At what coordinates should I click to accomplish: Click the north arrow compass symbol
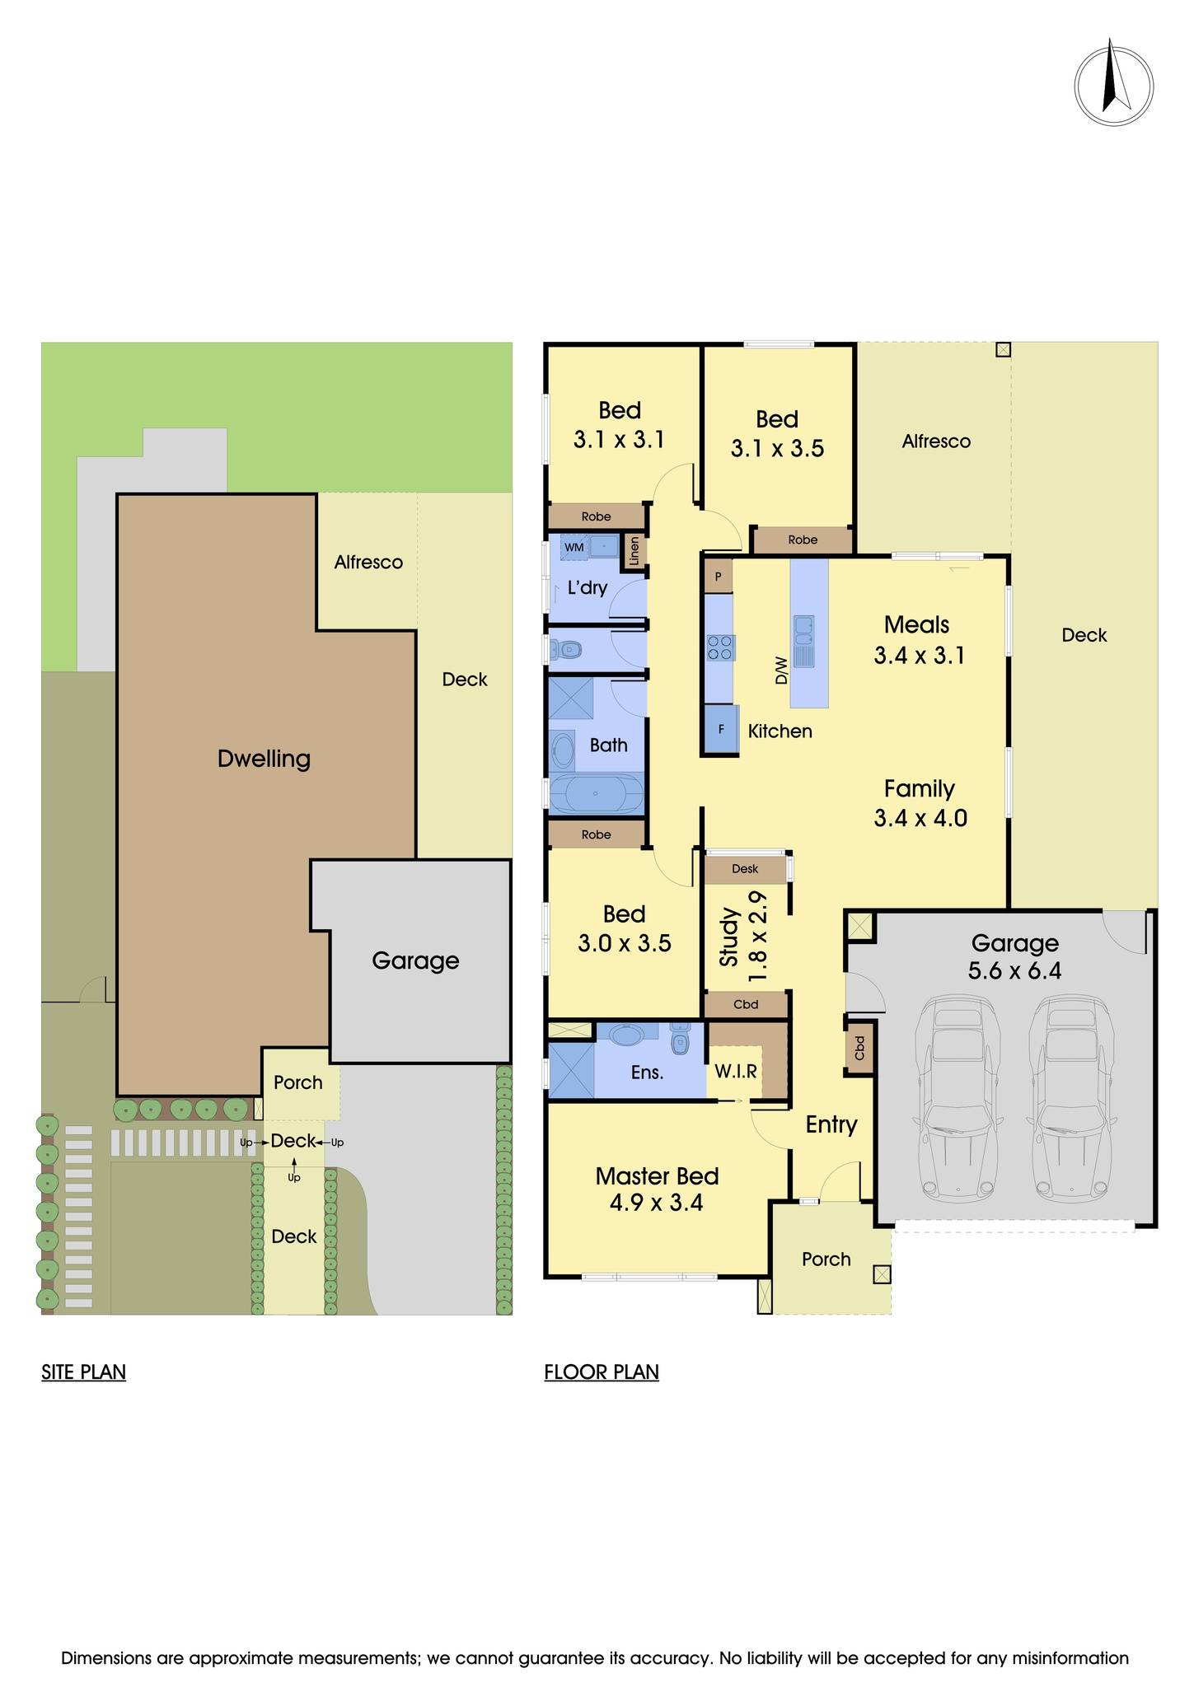coord(1113,86)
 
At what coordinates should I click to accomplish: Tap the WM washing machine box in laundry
coord(574,547)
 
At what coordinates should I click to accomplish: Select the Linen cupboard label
coord(634,550)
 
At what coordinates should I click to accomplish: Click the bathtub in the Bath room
coord(597,795)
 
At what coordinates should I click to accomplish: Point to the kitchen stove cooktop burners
coord(719,647)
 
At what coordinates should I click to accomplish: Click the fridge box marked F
coord(721,729)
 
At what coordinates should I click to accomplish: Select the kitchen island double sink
coord(803,641)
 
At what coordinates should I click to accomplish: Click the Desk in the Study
coord(745,868)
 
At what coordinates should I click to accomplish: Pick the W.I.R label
coord(735,1071)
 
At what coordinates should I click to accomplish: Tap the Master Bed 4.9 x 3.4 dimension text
coord(657,1203)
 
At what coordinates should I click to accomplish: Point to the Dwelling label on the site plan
coord(264,759)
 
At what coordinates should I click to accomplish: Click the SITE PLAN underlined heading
coord(83,1372)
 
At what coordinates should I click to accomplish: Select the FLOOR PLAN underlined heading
coord(602,1372)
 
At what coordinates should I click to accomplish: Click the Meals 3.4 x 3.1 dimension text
coord(919,656)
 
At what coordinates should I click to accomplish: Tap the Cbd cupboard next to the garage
coord(860,1048)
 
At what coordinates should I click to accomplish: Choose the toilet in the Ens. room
coord(680,1040)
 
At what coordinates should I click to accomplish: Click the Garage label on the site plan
coord(415,960)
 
